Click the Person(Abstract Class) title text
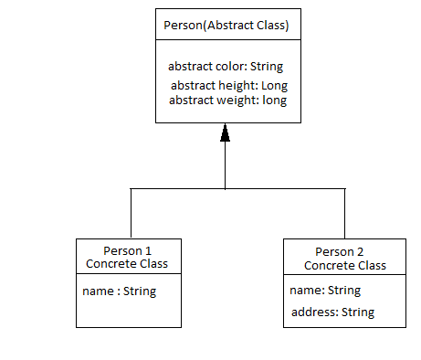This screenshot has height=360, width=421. [225, 25]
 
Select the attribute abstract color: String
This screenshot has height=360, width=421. [226, 67]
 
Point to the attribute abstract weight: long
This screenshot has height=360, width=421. [227, 100]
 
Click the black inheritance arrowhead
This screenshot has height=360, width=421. [225, 134]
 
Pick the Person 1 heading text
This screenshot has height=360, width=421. [127, 251]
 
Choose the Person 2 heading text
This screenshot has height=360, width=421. [344, 252]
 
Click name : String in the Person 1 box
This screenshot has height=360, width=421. [120, 291]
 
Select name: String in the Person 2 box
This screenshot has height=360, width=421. [325, 291]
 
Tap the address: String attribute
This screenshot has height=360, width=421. [332, 312]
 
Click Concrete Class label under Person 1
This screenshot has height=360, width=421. [127, 264]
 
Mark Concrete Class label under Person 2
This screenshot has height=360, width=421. [344, 266]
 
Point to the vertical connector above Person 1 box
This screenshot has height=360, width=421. [132, 213]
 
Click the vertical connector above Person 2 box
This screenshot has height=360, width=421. [344, 213]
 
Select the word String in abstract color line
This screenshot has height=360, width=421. [265, 67]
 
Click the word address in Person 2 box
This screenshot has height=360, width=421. [313, 312]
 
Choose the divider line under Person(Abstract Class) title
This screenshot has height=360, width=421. [225, 39]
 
